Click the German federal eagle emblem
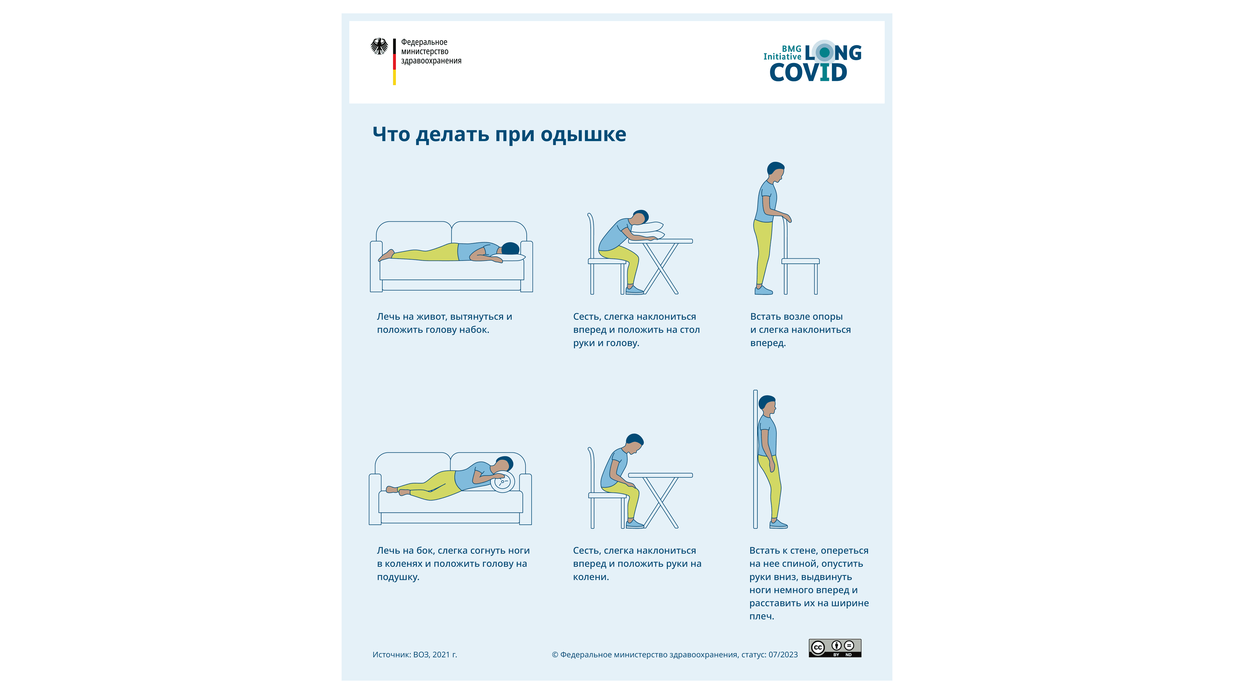pos(380,47)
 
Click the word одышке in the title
pos(583,135)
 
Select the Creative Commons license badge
pos(835,648)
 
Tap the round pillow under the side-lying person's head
pos(503,482)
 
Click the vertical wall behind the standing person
pos(756,459)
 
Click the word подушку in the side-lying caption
pos(398,577)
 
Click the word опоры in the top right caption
pos(827,317)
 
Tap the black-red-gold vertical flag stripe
pos(394,62)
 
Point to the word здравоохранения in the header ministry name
pos(431,61)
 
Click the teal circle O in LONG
pos(824,52)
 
